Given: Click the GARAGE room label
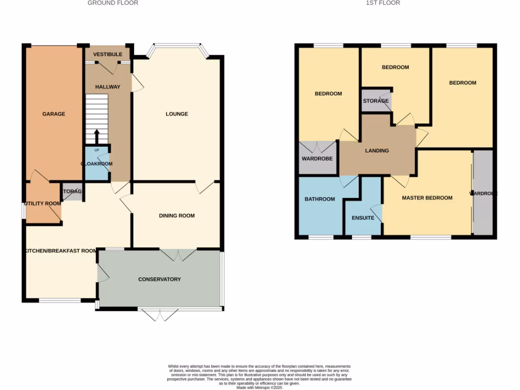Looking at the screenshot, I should [x=53, y=114].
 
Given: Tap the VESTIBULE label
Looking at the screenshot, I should [x=108, y=54].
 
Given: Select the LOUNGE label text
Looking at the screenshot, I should [x=177, y=114].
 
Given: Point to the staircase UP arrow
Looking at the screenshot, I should [x=96, y=136].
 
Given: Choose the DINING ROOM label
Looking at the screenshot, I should [x=177, y=216].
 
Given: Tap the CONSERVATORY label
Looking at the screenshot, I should [x=159, y=279].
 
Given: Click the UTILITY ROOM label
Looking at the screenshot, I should [x=43, y=203].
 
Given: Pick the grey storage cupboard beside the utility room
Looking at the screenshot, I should [x=73, y=191].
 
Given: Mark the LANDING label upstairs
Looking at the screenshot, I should [x=377, y=151].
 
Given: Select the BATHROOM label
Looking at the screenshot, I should [x=319, y=199].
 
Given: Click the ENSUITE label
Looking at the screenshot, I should [x=363, y=218].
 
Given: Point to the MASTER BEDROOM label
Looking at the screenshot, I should [x=427, y=198].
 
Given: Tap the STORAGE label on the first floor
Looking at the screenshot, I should [x=376, y=101].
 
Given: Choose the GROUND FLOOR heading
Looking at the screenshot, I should [x=113, y=3].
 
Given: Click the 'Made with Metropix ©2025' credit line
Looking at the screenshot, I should [x=259, y=387].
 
